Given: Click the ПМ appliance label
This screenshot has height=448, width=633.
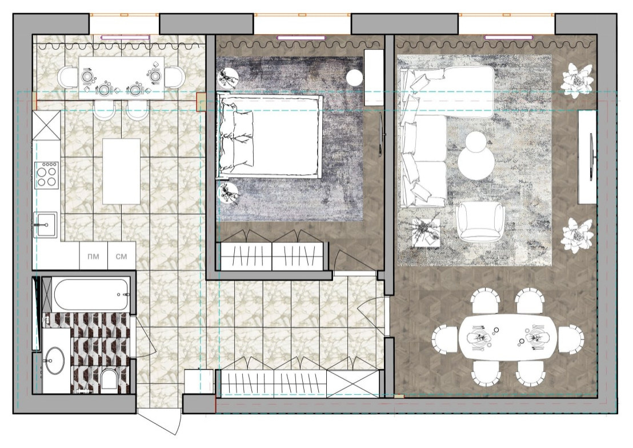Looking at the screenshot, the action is point(93,257).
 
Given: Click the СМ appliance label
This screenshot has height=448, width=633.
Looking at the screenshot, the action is point(121,257).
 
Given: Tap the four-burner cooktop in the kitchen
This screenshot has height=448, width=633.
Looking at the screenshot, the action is point(46,175).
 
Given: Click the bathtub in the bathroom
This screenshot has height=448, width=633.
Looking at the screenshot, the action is point(91,294).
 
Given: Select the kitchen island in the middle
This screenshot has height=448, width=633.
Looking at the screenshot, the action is point(122,171).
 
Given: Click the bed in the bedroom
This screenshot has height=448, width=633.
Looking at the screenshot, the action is point(270,136).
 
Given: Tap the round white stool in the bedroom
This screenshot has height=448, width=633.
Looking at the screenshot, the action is point(355,77).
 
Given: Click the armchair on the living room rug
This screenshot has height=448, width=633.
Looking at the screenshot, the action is point(480,221).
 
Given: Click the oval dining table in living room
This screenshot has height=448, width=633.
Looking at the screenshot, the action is point(508,337).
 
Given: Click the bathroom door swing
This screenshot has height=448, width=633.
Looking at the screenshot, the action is point(144,336).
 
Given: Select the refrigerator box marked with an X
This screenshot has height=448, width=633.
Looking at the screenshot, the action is point(46,126).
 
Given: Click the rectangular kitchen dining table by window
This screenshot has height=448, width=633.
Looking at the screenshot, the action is point(121,78).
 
